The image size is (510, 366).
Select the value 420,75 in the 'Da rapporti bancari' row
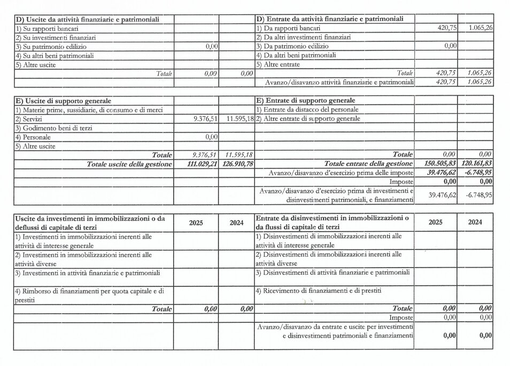[446, 28]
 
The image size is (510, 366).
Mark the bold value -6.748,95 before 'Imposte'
[477, 173]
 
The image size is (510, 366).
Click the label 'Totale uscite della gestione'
[129, 163]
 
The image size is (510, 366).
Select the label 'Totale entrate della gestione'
[368, 163]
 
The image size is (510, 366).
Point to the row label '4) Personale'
[33, 137]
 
